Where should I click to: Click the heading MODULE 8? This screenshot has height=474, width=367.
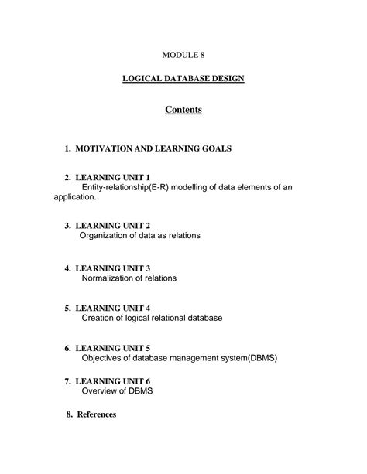click(183, 55)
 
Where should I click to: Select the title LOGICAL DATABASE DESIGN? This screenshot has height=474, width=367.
click(183, 80)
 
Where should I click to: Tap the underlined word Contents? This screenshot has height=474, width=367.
click(183, 110)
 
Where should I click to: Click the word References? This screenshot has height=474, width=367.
click(97, 414)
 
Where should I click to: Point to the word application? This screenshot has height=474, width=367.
click(74, 197)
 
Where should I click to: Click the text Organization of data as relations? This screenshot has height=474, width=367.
click(140, 236)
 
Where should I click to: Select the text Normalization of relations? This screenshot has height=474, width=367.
click(129, 278)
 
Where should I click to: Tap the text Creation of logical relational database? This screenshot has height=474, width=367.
click(152, 318)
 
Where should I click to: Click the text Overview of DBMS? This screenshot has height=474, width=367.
click(117, 391)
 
